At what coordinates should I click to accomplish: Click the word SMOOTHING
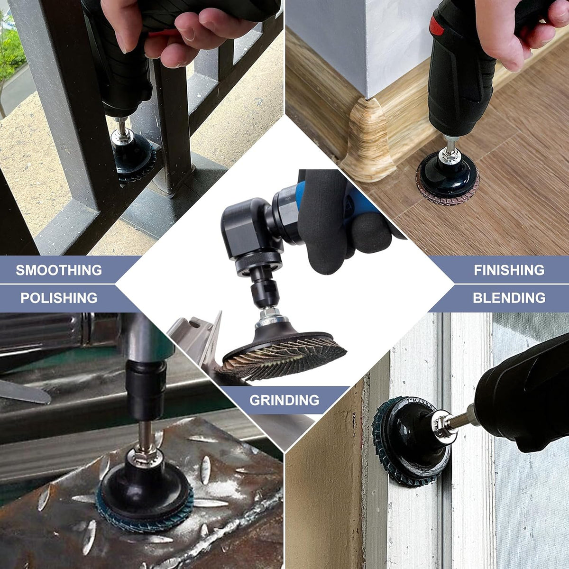(59, 270)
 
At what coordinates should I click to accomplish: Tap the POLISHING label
(59, 298)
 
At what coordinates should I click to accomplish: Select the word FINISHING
(509, 270)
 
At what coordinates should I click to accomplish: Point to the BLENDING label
(509, 298)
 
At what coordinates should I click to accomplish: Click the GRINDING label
(284, 400)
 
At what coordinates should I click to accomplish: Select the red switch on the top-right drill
(436, 26)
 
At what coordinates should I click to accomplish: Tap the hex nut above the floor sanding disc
(450, 155)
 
